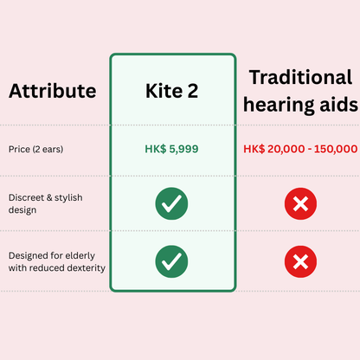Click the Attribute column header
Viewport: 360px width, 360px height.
click(x=51, y=90)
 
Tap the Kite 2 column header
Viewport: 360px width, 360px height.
click(x=171, y=90)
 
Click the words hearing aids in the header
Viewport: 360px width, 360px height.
click(x=299, y=105)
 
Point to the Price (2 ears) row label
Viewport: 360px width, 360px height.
click(x=35, y=149)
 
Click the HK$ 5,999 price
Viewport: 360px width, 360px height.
click(x=171, y=149)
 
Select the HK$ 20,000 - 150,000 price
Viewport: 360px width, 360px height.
click(x=300, y=149)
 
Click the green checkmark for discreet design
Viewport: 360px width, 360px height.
click(x=171, y=203)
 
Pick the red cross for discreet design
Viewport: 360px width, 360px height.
click(x=300, y=204)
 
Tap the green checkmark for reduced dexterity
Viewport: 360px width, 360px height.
click(x=171, y=260)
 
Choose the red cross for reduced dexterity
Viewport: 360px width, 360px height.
click(x=300, y=260)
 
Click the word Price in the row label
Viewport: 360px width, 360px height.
click(x=20, y=149)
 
